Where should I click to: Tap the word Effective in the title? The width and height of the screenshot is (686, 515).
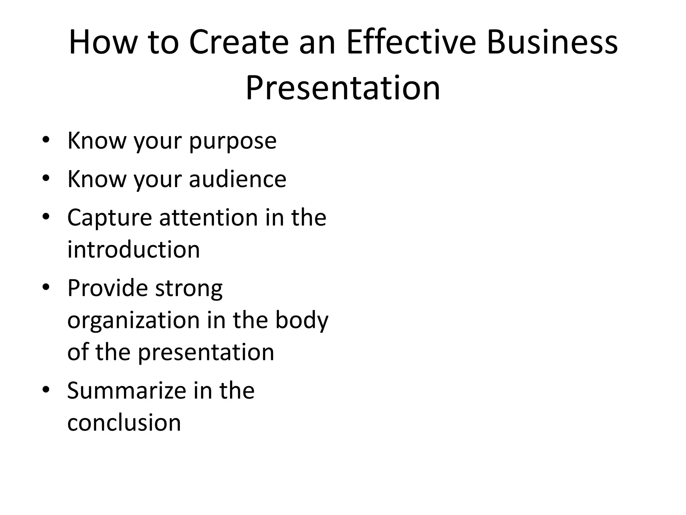tap(411, 43)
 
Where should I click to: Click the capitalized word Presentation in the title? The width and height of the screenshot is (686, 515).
tap(343, 88)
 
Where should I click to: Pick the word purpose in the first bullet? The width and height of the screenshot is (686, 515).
tap(233, 141)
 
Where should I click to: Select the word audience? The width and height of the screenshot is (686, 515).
tap(237, 179)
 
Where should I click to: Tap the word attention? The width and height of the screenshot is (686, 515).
tap(208, 218)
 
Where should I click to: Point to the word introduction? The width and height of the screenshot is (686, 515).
tap(134, 250)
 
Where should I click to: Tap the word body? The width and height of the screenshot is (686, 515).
tap(302, 321)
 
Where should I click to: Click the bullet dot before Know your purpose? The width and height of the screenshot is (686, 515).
tap(46, 139)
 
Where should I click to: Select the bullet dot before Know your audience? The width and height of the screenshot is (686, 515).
tap(46, 178)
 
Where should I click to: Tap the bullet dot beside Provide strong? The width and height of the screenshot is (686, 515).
tap(46, 287)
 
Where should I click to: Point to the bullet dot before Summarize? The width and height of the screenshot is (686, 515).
tap(46, 390)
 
